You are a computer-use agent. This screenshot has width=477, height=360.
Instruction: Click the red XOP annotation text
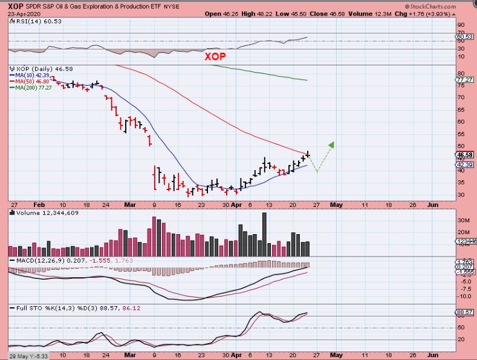click(x=215, y=56)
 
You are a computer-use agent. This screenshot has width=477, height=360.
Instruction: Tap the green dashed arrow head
click(x=331, y=144)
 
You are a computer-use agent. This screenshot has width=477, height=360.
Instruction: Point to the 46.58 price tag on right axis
click(x=464, y=155)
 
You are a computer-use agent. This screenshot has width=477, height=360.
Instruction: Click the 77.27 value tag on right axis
click(x=464, y=80)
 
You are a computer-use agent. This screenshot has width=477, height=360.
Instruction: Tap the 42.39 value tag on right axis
click(x=464, y=165)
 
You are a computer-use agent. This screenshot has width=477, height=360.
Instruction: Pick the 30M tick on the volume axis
click(x=463, y=221)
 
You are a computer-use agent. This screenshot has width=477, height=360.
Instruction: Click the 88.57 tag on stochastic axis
click(x=464, y=312)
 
